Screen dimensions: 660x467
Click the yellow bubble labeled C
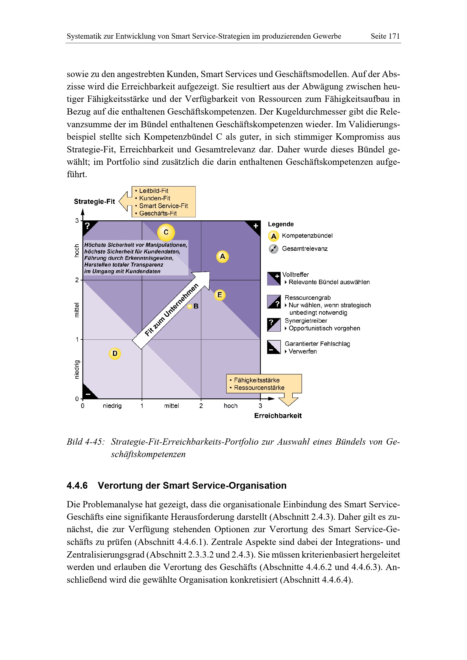click(x=166, y=232)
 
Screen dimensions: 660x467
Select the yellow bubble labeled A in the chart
click(x=222, y=256)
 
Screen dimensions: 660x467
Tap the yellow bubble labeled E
click(x=220, y=295)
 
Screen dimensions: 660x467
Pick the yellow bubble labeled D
click(x=115, y=354)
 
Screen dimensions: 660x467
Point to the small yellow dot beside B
click(x=190, y=306)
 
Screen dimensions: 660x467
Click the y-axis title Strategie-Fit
click(x=94, y=201)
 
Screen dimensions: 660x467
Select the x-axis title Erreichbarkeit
click(x=278, y=416)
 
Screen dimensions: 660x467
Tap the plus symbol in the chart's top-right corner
click(x=256, y=226)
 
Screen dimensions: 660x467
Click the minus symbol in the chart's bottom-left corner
click(x=88, y=394)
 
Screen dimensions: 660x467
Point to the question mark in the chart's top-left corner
click(x=88, y=226)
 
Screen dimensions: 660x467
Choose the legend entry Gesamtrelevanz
click(x=305, y=249)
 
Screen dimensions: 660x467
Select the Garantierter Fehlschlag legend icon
click(x=274, y=347)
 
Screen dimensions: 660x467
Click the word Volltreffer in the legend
click(x=296, y=275)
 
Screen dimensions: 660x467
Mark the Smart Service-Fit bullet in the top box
click(x=163, y=206)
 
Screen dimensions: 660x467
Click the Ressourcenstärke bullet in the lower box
click(x=259, y=388)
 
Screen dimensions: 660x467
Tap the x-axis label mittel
click(x=171, y=406)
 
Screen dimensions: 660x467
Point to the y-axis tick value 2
click(x=77, y=280)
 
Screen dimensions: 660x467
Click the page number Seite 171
click(x=385, y=36)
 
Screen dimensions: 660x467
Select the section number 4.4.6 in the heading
click(x=77, y=486)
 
